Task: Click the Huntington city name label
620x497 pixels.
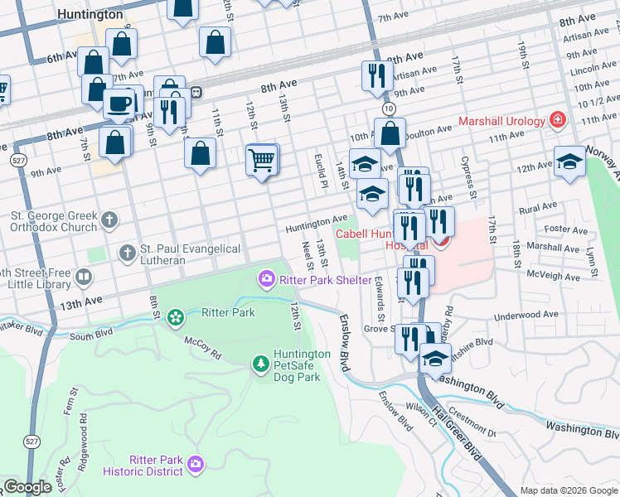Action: (x=91, y=14)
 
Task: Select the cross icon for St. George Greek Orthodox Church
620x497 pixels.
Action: (x=110, y=220)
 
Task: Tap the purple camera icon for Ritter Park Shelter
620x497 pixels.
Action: (x=267, y=279)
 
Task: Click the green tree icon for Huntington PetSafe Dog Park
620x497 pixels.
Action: (x=260, y=364)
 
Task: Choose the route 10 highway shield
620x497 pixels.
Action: (x=388, y=109)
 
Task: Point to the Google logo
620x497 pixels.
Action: (x=28, y=487)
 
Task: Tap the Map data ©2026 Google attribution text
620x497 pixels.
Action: (x=568, y=490)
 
